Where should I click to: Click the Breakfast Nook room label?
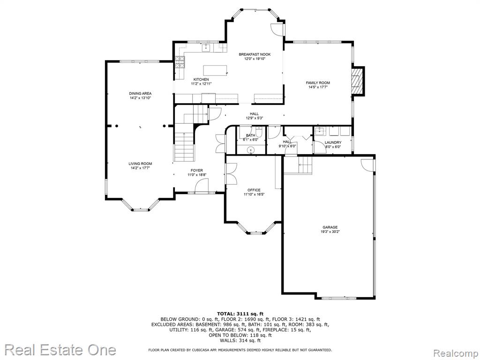(255, 54)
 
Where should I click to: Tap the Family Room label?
(318, 82)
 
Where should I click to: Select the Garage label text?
(330, 227)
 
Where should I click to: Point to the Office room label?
(254, 190)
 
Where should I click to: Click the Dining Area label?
(140, 93)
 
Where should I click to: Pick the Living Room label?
(140, 164)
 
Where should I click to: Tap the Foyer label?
(197, 171)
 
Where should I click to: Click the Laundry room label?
(333, 142)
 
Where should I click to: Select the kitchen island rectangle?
(215, 70)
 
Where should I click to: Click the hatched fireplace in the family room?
(356, 81)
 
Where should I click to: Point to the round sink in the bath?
(251, 150)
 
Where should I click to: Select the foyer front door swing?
(202, 186)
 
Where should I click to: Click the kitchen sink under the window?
(206, 48)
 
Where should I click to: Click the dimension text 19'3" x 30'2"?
(330, 232)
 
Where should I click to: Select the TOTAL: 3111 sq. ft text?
(240, 314)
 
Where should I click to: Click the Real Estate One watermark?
(60, 350)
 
